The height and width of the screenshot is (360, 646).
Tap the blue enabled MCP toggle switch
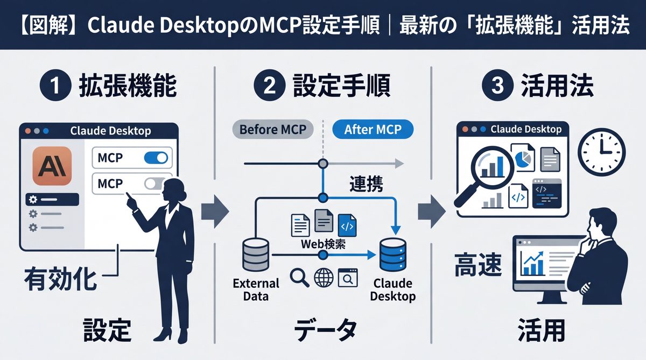pos(156,158)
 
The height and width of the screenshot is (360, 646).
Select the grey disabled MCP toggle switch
pos(155,184)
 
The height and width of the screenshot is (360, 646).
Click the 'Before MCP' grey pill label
pos(271,130)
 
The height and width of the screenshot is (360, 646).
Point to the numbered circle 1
pos(55,87)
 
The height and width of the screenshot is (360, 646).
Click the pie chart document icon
pos(522,158)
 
